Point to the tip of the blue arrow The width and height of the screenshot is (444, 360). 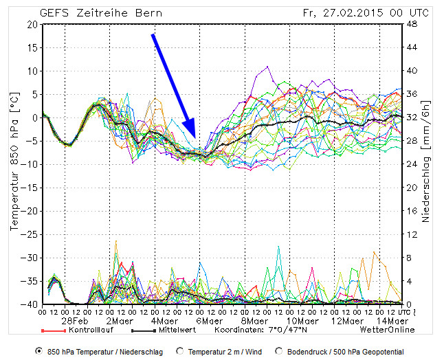[195, 139]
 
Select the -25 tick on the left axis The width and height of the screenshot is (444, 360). [30, 234]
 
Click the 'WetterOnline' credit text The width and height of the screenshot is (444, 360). [387, 330]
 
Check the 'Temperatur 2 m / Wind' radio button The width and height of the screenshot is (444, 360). [180, 351]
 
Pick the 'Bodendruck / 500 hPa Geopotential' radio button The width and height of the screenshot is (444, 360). [278, 351]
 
